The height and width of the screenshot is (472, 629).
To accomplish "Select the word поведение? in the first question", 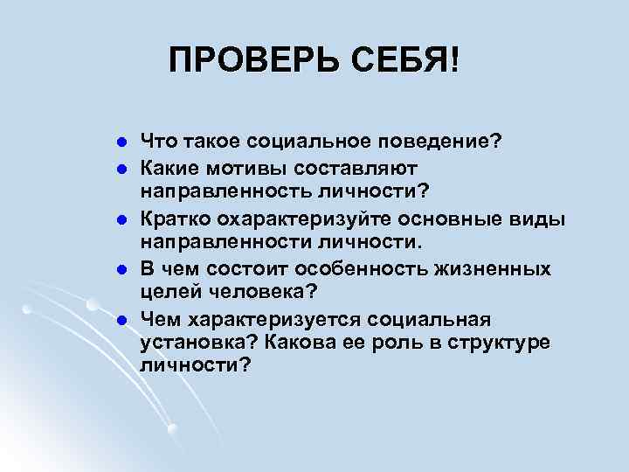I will click(447, 141).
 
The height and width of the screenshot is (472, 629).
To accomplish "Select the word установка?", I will click(190, 342).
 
